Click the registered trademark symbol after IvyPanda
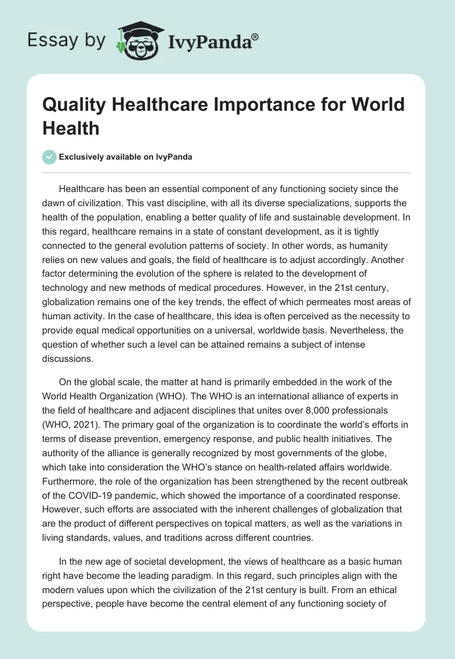pyautogui.click(x=255, y=36)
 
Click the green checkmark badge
pyautogui.click(x=49, y=157)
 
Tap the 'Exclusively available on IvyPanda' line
pyautogui.click(x=126, y=157)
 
